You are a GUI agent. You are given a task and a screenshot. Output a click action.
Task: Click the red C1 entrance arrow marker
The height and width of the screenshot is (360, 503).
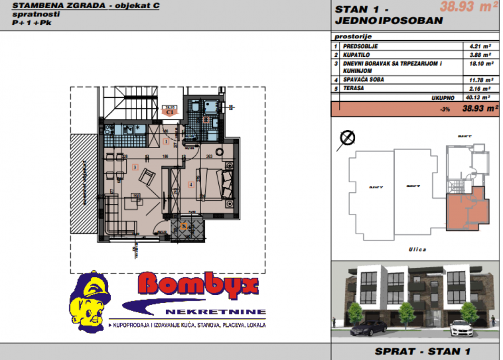click(x=170, y=112)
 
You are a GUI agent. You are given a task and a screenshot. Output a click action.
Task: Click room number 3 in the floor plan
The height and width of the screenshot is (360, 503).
click(x=135, y=167)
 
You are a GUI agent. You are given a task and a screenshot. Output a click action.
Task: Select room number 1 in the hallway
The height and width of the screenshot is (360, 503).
click(x=166, y=141)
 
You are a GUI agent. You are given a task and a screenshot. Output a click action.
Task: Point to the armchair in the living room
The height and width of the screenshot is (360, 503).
click(x=148, y=176)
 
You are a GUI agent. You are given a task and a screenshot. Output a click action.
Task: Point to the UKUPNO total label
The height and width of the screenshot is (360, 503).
click(x=443, y=98)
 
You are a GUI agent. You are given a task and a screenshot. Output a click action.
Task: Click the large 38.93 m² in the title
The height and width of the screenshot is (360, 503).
click(x=465, y=8)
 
